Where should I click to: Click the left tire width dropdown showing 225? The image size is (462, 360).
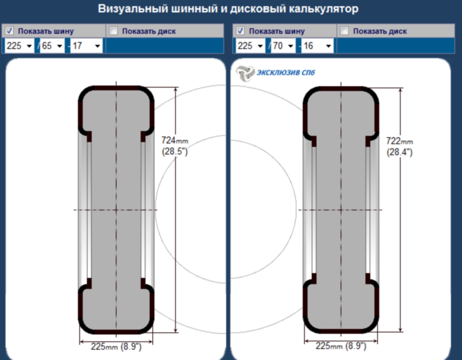(19, 45)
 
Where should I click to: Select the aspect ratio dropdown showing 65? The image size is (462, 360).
(52, 45)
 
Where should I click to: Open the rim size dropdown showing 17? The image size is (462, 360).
(86, 45)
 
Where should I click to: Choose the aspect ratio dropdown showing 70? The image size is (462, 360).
(283, 45)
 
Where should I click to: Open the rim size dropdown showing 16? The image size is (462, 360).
(317, 45)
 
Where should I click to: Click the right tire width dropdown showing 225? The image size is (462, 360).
(251, 45)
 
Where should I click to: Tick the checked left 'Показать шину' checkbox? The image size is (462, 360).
(9, 31)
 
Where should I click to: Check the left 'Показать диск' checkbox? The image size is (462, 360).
(113, 31)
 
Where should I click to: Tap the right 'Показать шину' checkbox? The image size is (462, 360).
(240, 31)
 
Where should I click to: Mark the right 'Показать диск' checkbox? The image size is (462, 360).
(345, 31)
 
